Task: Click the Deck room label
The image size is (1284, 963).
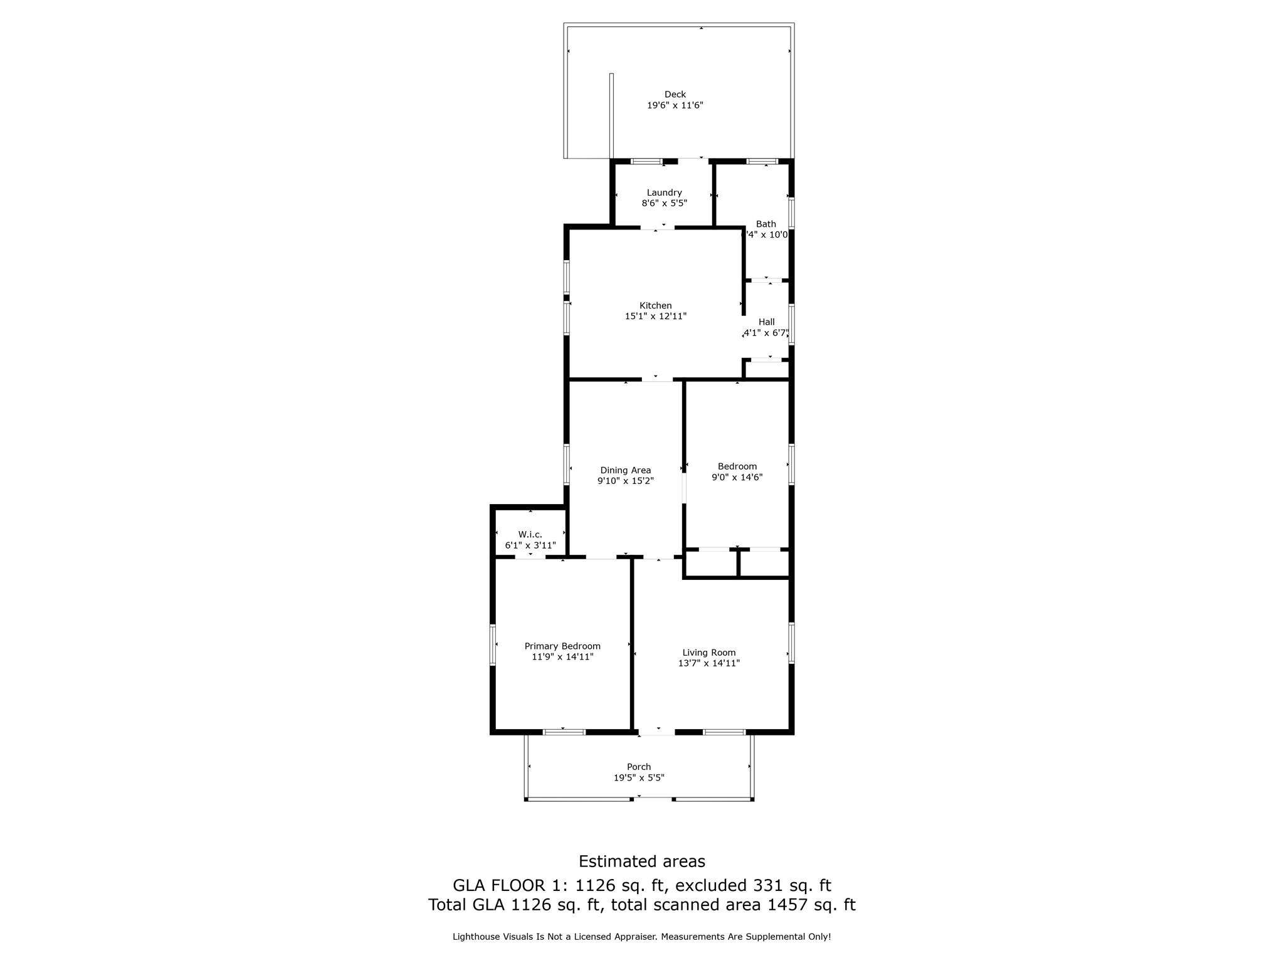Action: click(x=675, y=95)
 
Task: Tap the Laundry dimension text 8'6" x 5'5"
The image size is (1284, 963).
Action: click(x=664, y=203)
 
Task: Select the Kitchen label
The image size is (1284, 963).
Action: click(x=655, y=305)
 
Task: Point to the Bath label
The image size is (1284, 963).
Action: click(x=766, y=224)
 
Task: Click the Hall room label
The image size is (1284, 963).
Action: click(x=766, y=322)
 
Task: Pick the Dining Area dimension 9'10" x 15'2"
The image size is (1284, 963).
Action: click(x=625, y=481)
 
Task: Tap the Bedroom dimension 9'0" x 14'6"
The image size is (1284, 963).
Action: click(x=737, y=477)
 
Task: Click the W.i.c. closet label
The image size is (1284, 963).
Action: click(x=530, y=534)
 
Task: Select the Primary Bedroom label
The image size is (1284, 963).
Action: click(x=562, y=646)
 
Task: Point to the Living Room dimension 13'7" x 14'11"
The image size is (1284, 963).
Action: click(x=708, y=663)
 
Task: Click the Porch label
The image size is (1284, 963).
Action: click(x=638, y=766)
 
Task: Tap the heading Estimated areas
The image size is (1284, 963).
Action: click(x=641, y=861)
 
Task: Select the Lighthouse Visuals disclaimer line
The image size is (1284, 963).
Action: click(x=641, y=937)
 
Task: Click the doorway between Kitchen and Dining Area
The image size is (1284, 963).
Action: click(x=656, y=379)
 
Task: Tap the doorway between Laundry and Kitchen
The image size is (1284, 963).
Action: click(x=657, y=228)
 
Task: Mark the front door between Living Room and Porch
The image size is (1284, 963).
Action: click(x=656, y=732)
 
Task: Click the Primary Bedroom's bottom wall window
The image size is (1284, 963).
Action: click(x=564, y=732)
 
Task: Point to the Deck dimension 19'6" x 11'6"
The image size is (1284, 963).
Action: click(x=675, y=105)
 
